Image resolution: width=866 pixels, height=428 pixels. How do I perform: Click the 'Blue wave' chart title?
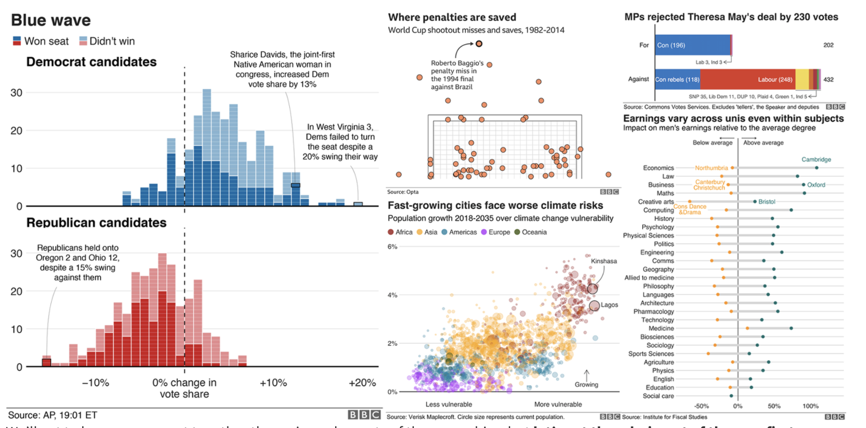(x=51, y=20)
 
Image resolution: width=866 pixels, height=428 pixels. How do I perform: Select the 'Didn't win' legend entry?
(x=111, y=41)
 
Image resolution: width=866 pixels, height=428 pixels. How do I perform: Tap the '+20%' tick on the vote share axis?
(x=362, y=383)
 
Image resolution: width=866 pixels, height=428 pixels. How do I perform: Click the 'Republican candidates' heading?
(x=96, y=222)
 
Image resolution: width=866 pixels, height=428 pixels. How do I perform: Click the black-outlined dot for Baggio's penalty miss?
(x=479, y=44)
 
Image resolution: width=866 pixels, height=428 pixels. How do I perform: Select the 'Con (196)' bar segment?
(x=693, y=45)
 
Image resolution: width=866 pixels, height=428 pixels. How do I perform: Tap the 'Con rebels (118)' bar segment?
(x=677, y=80)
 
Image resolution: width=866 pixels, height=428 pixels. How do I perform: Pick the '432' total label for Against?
(x=829, y=80)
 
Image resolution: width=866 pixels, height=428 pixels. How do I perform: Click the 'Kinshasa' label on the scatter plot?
(x=604, y=261)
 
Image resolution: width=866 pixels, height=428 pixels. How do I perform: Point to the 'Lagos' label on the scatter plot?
(x=609, y=305)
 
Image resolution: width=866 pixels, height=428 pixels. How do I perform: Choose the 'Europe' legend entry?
(x=499, y=232)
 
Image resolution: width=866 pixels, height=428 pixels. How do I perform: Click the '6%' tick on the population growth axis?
(x=392, y=247)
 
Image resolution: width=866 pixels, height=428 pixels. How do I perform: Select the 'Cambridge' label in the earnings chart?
(x=816, y=159)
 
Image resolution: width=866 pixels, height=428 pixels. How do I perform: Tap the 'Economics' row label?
(x=658, y=168)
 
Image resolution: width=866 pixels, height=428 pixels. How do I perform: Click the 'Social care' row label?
(x=658, y=396)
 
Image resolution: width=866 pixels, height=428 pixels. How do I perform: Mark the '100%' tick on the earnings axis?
(x=810, y=406)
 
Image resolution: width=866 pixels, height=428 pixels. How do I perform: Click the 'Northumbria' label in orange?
(x=711, y=168)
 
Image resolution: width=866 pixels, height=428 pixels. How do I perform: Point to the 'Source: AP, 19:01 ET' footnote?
(x=53, y=416)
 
